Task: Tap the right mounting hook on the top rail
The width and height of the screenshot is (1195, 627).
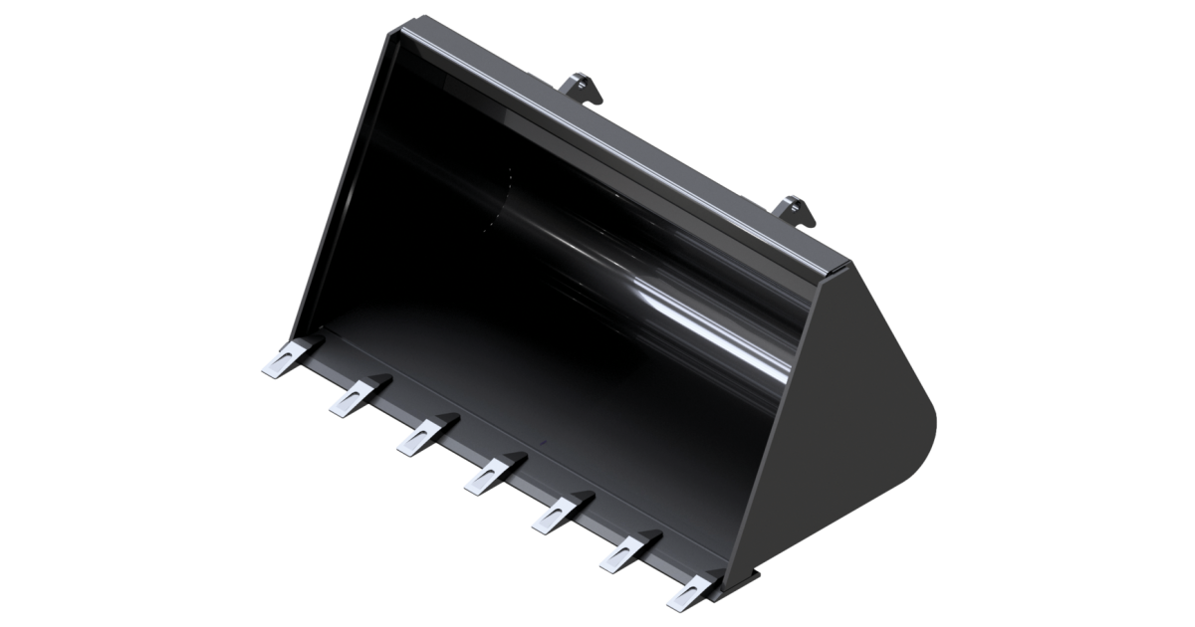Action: click(x=796, y=209)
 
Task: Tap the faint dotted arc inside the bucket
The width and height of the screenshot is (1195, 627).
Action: click(x=498, y=199)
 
